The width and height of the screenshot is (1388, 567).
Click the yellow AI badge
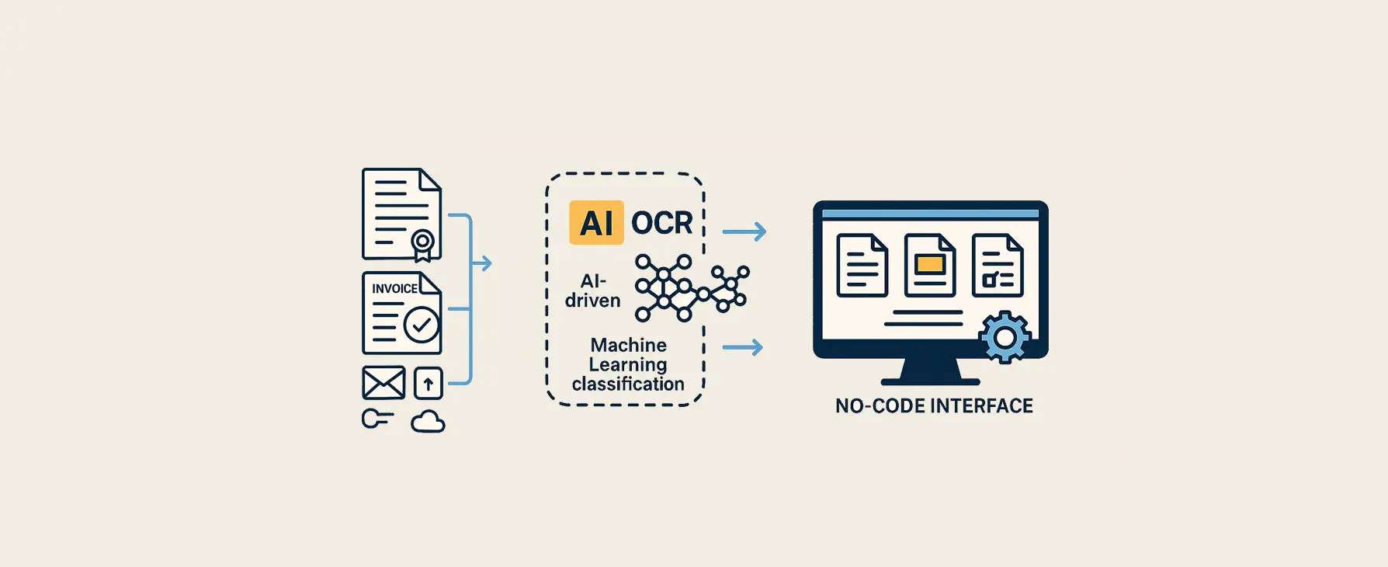596,223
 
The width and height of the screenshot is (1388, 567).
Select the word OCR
661,223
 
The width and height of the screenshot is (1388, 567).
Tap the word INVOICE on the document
394,289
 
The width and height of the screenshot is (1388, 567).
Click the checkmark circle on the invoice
422,325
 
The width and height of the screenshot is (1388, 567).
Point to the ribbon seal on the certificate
422,243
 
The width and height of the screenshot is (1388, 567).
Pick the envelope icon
383,383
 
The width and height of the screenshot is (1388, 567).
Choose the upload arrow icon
429,383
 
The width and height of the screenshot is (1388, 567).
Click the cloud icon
428,422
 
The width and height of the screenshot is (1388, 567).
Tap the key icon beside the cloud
376,419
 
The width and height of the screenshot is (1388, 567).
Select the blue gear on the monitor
1005,337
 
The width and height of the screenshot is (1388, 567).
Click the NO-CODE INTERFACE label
934,406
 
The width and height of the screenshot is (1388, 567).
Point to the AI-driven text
593,290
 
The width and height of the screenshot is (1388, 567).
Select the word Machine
629,345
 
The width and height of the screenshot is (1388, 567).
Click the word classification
628,384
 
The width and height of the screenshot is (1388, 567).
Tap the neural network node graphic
689,287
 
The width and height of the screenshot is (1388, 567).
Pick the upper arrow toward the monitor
744,231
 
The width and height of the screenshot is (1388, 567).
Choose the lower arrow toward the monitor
743,347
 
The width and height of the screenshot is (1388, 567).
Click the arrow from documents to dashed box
482,263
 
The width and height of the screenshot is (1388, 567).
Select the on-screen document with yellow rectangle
930,266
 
